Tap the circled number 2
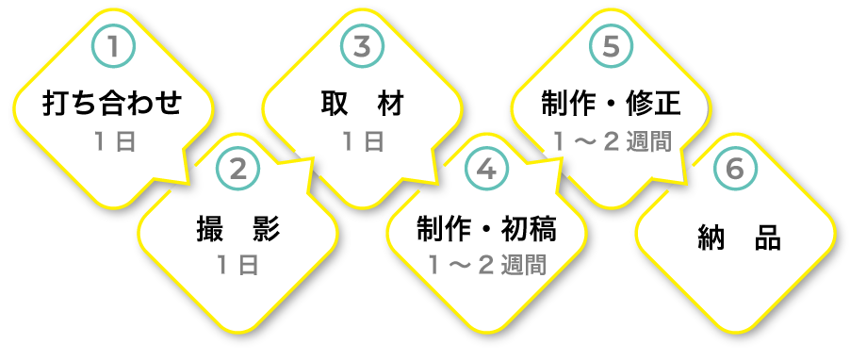click(237, 170)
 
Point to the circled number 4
click(486, 170)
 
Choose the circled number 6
click(734, 170)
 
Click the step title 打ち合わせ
click(113, 104)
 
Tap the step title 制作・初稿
click(486, 227)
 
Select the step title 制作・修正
click(611, 104)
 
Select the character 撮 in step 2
click(209, 227)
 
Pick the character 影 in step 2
click(266, 227)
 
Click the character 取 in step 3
click(335, 104)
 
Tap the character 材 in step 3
click(389, 104)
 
